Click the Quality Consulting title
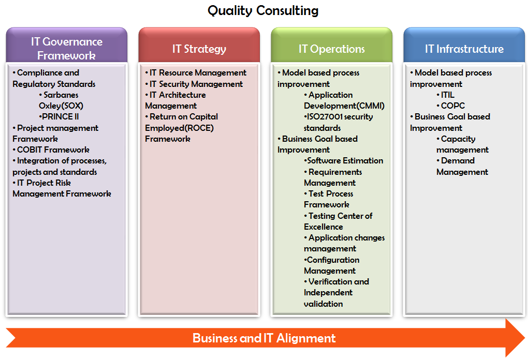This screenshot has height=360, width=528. click(263, 10)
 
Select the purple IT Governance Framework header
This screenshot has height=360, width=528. click(66, 48)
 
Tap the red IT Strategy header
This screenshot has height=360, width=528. click(199, 49)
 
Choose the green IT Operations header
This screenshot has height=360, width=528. click(331, 49)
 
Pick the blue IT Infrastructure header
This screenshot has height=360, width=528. click(464, 49)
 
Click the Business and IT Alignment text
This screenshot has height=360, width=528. click(264, 338)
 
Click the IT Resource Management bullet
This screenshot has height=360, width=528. click(196, 72)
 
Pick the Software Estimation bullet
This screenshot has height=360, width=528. click(344, 160)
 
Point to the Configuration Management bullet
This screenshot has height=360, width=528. click(331, 265)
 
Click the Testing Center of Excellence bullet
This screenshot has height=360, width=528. click(338, 221)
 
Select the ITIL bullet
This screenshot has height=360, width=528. click(446, 95)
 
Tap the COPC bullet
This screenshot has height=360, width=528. click(450, 106)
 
